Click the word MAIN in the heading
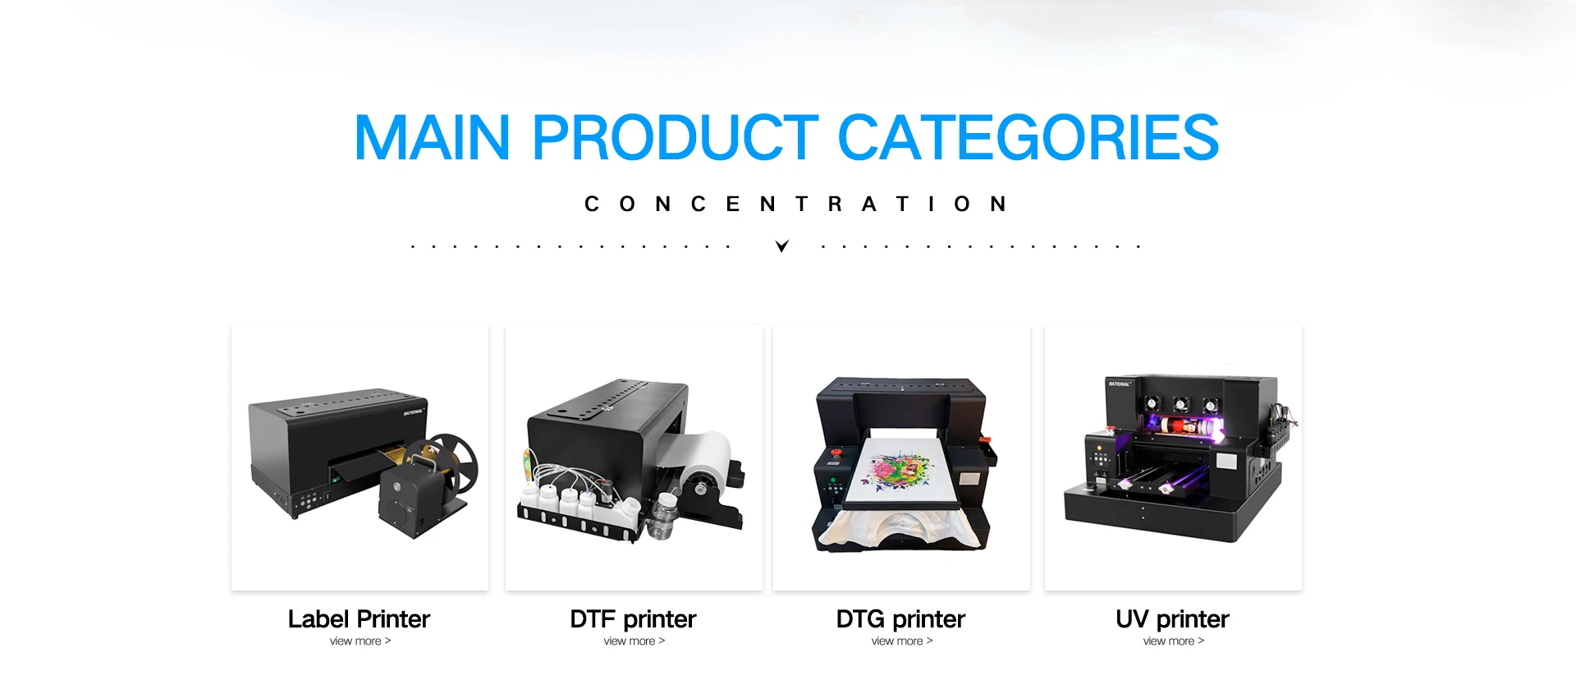pos(433,137)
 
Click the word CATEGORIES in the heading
pos(1029,137)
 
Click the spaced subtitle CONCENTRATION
pos(795,204)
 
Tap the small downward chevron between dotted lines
pos(782,246)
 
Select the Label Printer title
pos(359,618)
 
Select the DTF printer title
pos(633,618)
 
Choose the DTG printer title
pos(900,618)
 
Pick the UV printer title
pos(1172,618)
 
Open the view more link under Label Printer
pos(360,641)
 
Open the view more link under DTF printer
pos(635,641)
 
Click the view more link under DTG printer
pos(902,641)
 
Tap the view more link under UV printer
pos(1174,641)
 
